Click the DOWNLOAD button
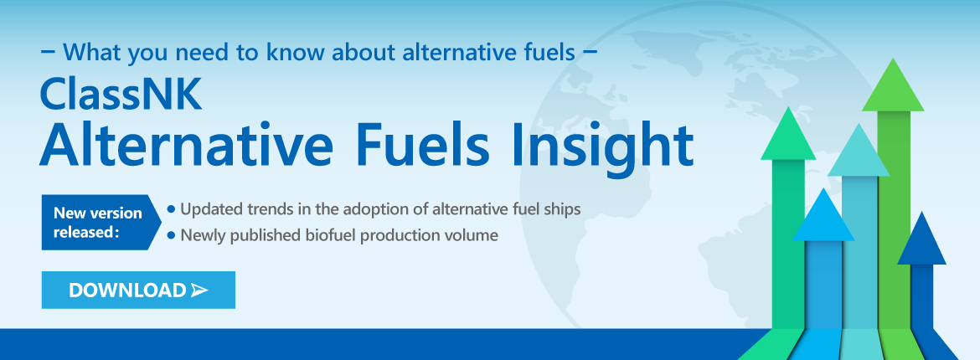(x=138, y=290)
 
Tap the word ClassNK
(x=121, y=95)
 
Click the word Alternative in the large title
(x=186, y=145)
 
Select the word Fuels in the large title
(x=426, y=145)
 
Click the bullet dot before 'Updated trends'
(x=171, y=209)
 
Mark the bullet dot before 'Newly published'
(x=171, y=236)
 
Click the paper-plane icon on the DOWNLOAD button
(x=199, y=290)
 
